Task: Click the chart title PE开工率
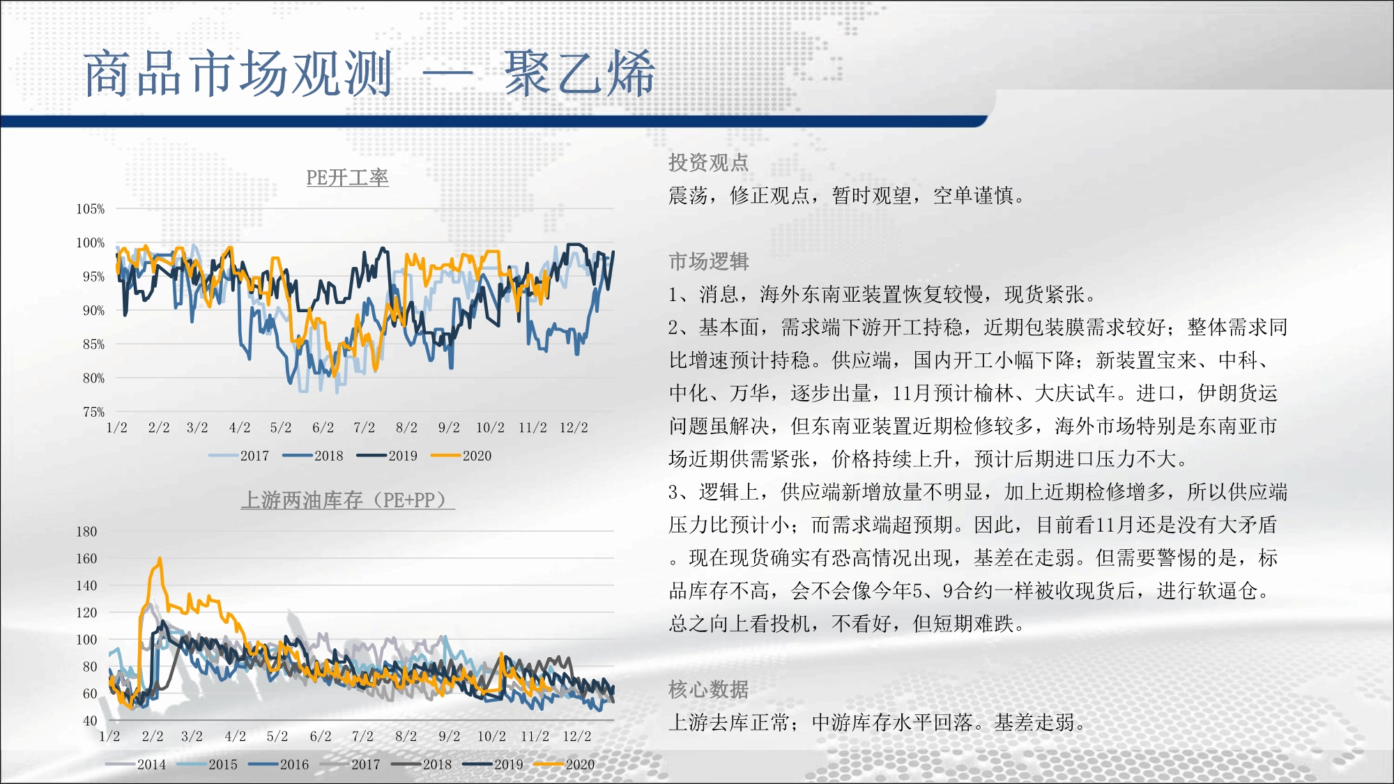pos(347,178)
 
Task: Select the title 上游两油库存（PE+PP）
pos(348,500)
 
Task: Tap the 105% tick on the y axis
pos(91,209)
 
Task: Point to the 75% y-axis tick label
pos(93,412)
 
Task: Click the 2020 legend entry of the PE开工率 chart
pos(461,456)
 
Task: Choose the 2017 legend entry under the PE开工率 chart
pos(238,456)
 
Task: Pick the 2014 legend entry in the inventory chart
pos(136,764)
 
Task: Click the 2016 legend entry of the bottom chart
pos(279,764)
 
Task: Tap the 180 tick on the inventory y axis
pos(86,532)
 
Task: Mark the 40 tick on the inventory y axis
pos(90,721)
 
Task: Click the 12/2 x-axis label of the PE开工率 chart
pos(574,427)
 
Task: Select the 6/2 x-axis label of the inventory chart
pos(321,736)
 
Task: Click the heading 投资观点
pos(708,162)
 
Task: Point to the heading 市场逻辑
pos(708,261)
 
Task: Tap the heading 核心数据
pos(708,689)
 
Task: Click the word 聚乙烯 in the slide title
pos(580,73)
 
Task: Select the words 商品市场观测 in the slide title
pos(238,73)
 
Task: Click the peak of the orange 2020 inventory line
pos(160,558)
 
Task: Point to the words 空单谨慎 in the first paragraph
pos(973,196)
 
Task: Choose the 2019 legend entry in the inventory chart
pos(493,764)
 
